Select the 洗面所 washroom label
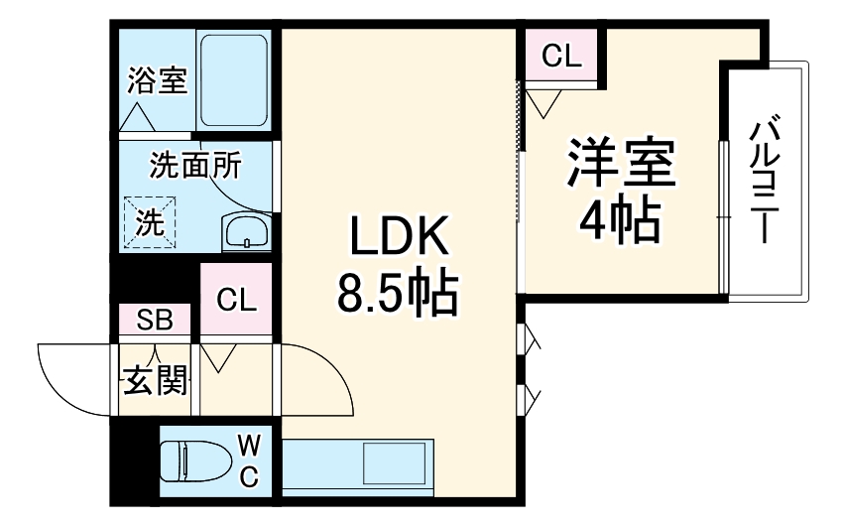coord(194,165)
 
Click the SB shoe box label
coord(155,320)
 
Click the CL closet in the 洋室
coord(560,58)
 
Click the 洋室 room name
coord(621,163)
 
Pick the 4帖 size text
coord(619,220)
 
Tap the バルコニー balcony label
coord(764,181)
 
